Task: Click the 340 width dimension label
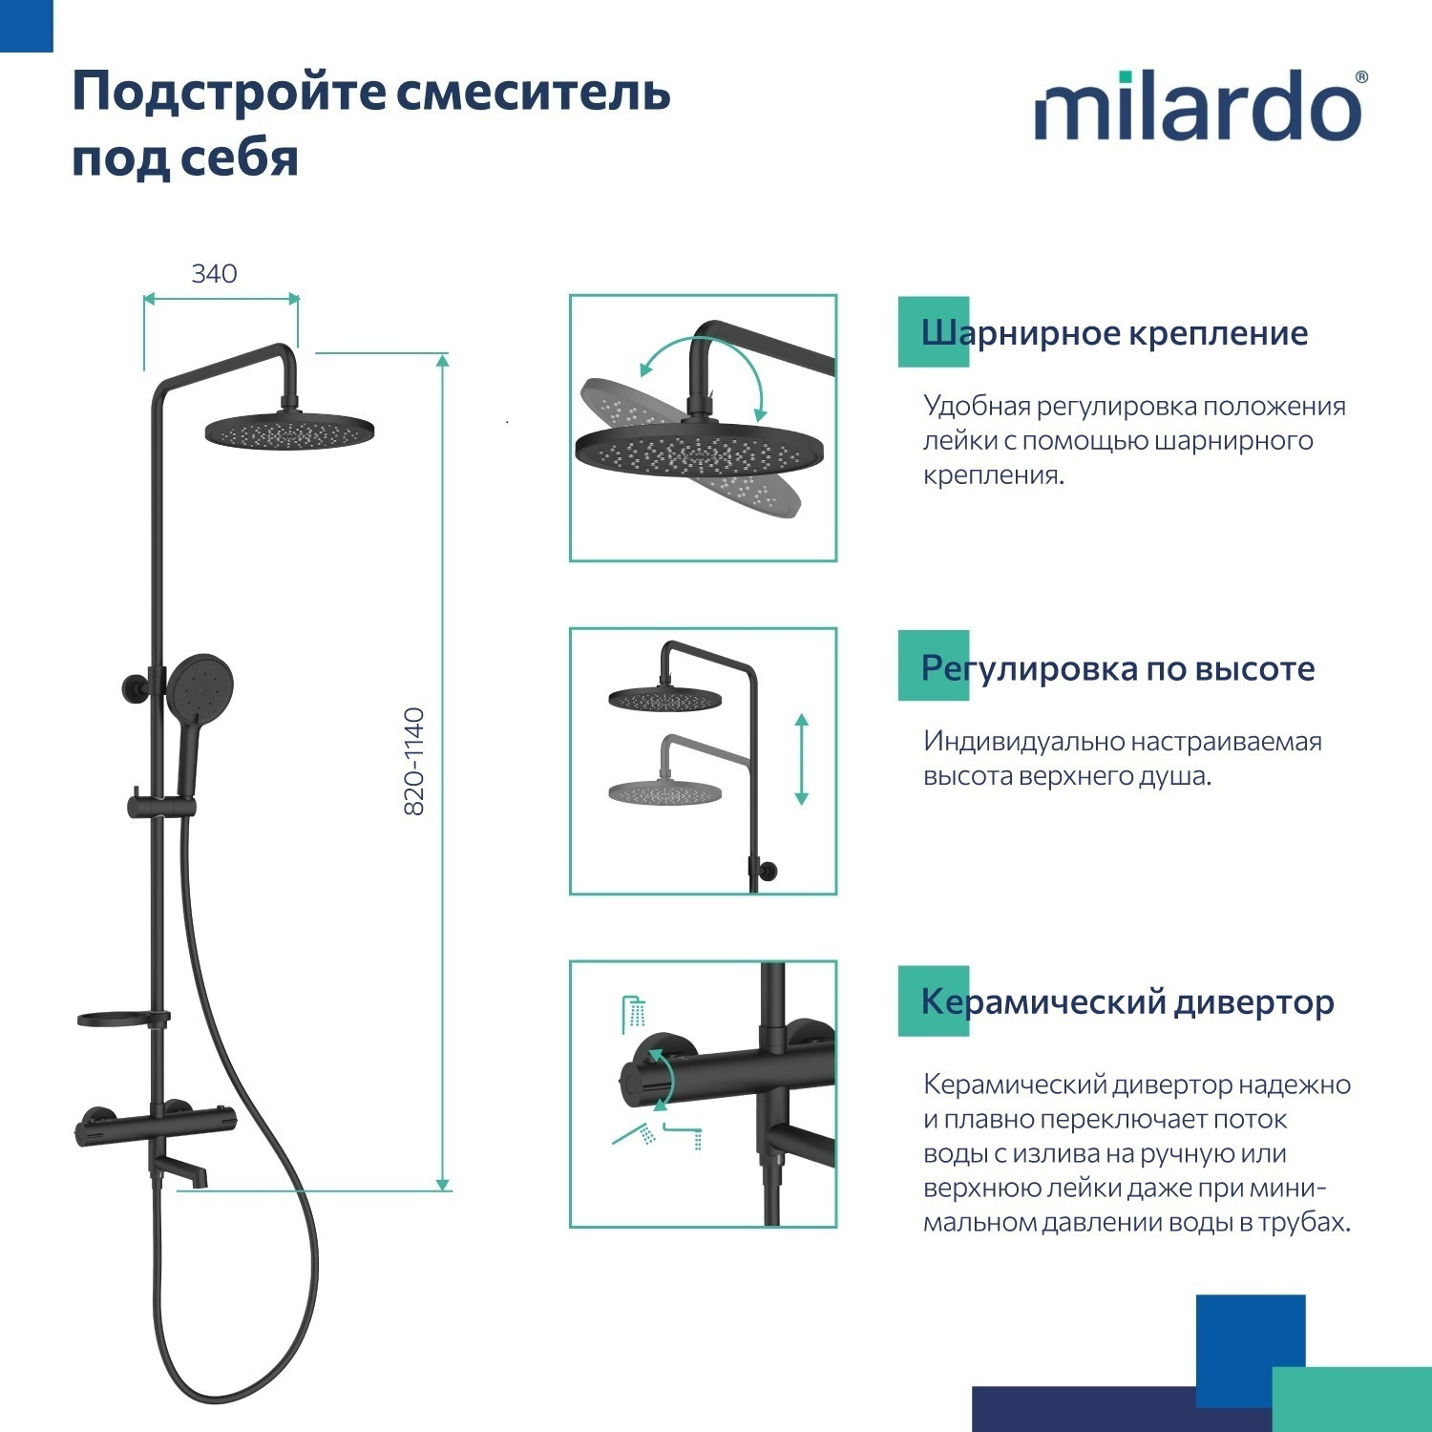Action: [x=214, y=274]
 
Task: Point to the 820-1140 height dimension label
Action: [x=414, y=761]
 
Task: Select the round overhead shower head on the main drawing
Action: [x=289, y=431]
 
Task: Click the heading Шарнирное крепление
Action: [x=1113, y=333]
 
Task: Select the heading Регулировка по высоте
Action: [x=1117, y=668]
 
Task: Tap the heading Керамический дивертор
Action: [x=1127, y=1001]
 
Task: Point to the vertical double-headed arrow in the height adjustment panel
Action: [x=801, y=759]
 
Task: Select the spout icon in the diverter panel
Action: [x=684, y=1136]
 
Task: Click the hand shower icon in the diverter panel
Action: [x=636, y=1133]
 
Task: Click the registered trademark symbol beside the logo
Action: [x=1360, y=77]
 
